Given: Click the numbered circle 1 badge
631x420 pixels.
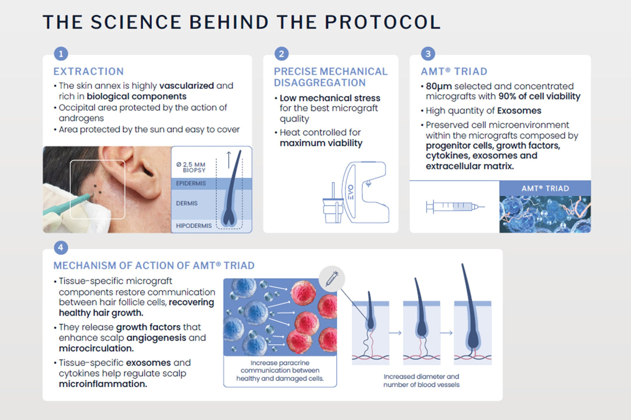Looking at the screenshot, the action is click(x=61, y=54).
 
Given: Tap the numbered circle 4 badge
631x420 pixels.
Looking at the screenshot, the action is click(x=61, y=248).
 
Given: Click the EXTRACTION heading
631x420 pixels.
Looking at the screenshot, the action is click(x=89, y=71).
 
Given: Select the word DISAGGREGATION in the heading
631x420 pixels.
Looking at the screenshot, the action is click(x=320, y=83).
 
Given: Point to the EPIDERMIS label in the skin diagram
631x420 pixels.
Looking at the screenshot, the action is click(x=191, y=183).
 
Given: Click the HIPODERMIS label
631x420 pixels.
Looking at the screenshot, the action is click(x=194, y=226).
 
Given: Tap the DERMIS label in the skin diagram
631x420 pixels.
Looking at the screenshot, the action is click(x=187, y=203).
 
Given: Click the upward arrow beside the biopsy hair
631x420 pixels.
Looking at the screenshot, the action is click(x=229, y=160).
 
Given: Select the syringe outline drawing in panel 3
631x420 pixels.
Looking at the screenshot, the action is click(x=455, y=207).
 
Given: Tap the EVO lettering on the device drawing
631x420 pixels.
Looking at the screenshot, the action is click(x=351, y=192).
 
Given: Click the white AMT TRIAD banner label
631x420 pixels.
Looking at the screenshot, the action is click(x=545, y=189).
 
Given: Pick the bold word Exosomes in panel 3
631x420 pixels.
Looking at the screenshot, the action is click(x=519, y=111).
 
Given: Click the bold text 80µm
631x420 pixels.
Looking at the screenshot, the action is click(x=439, y=86).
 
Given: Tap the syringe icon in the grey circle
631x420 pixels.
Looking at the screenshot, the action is click(x=332, y=279).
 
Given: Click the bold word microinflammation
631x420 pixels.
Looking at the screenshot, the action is click(x=103, y=384).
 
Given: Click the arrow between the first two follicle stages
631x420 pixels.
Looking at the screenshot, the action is click(x=395, y=333).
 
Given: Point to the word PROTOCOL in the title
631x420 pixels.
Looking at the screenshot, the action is click(x=383, y=22).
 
